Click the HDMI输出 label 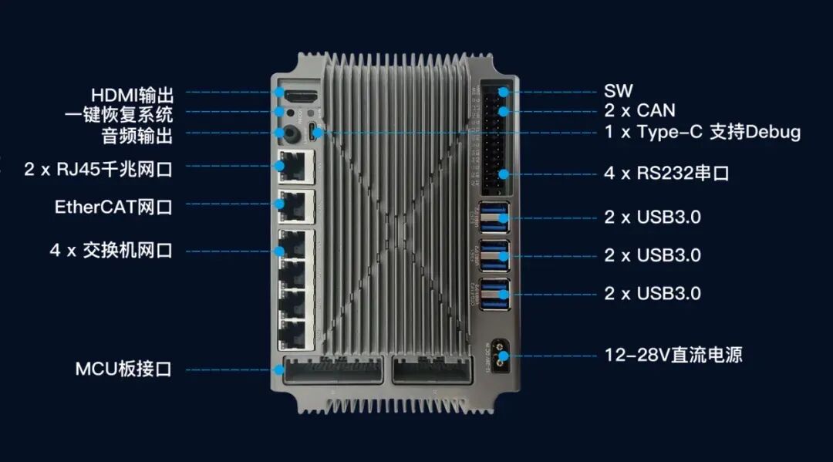[133, 96]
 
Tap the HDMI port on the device [302, 96]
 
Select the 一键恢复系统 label [119, 115]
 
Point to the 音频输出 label [137, 136]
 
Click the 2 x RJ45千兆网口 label [98, 170]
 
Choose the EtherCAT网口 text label [113, 207]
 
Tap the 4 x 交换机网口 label [112, 250]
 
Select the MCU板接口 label [123, 369]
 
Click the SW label [619, 91]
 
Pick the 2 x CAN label [639, 110]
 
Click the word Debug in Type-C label [773, 132]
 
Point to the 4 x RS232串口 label [666, 173]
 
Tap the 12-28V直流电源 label [673, 355]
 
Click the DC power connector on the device [499, 356]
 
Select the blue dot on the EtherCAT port [279, 204]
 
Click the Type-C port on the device [313, 133]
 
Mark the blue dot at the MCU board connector [279, 369]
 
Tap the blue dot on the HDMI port [279, 93]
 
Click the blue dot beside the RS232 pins [504, 174]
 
